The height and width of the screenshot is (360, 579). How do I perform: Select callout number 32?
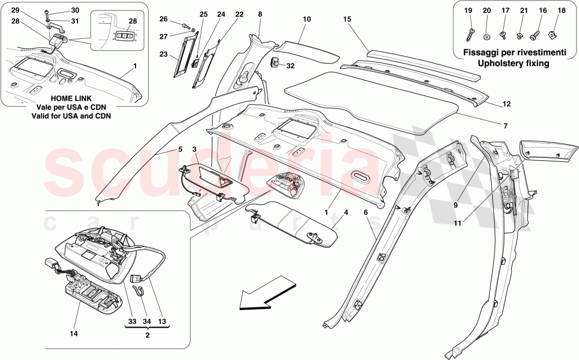tap(290, 66)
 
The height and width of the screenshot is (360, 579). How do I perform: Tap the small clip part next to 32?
tap(276, 61)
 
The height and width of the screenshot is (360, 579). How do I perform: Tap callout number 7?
tap(505, 125)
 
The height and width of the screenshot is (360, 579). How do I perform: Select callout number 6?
tap(366, 212)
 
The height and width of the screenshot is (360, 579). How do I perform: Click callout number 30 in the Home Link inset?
tap(75, 10)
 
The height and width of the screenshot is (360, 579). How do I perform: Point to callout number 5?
tap(180, 149)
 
